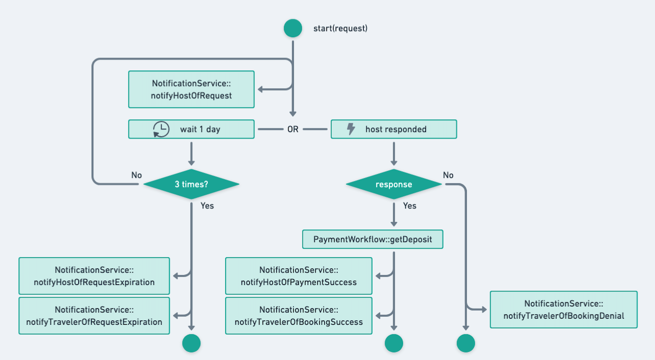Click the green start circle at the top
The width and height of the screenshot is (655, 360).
pyautogui.click(x=293, y=28)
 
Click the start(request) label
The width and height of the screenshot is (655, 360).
pyautogui.click(x=340, y=28)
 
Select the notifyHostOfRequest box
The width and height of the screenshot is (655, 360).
pyautogui.click(x=191, y=89)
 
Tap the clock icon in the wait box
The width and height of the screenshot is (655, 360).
pyautogui.click(x=161, y=129)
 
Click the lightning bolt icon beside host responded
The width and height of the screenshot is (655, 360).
pyautogui.click(x=351, y=129)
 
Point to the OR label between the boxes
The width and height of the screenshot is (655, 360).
pyautogui.click(x=293, y=129)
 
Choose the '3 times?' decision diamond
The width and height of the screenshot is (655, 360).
pyautogui.click(x=191, y=184)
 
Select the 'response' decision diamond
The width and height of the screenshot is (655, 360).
pyautogui.click(x=394, y=184)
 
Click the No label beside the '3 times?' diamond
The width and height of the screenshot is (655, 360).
pyautogui.click(x=137, y=175)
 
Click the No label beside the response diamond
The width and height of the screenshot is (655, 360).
pyautogui.click(x=448, y=175)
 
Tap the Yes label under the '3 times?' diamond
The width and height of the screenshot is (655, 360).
pyautogui.click(x=207, y=206)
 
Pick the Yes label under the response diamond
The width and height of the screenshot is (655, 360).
pyautogui.click(x=410, y=206)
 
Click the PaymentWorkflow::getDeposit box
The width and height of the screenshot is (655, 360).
pyautogui.click(x=373, y=239)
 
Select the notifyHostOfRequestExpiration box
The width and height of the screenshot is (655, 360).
pyautogui.click(x=94, y=276)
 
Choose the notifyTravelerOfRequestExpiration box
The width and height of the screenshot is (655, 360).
pyautogui.click(x=94, y=316)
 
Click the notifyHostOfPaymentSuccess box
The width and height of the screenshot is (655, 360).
pyautogui.click(x=299, y=276)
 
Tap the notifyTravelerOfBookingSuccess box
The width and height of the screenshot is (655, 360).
pyautogui.click(x=299, y=316)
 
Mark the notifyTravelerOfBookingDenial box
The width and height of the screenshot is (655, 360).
pyautogui.click(x=564, y=310)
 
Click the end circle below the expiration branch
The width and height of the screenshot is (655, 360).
pyautogui.click(x=191, y=343)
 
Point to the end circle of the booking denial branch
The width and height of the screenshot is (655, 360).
pyautogui.click(x=466, y=343)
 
